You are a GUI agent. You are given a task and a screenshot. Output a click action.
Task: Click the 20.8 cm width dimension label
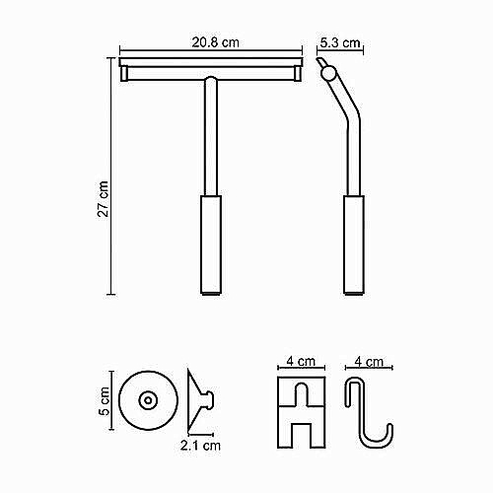215,42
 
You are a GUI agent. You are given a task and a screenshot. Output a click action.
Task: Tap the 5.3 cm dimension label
340,42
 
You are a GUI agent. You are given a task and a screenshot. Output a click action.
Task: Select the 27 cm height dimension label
104,199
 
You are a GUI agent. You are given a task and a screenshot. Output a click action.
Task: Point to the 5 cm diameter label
105,401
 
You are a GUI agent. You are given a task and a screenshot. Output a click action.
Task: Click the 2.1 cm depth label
200,446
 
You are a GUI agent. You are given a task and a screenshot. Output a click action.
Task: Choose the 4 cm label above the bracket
301,361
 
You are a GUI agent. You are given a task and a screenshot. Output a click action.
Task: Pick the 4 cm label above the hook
369,362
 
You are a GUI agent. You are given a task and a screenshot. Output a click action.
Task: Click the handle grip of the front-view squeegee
211,245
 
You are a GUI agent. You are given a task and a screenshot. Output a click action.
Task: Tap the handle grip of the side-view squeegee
354,245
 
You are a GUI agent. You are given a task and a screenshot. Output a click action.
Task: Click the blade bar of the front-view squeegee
211,62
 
